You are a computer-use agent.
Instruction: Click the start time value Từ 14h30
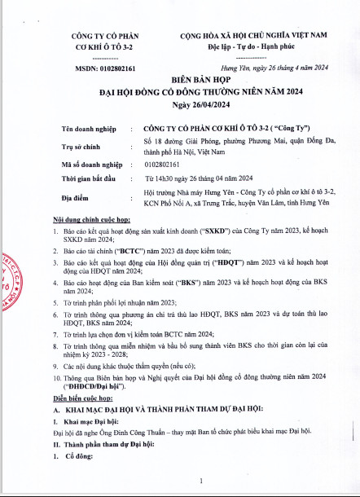click(x=160, y=177)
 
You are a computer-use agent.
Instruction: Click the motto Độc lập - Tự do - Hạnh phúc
click(x=253, y=46)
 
